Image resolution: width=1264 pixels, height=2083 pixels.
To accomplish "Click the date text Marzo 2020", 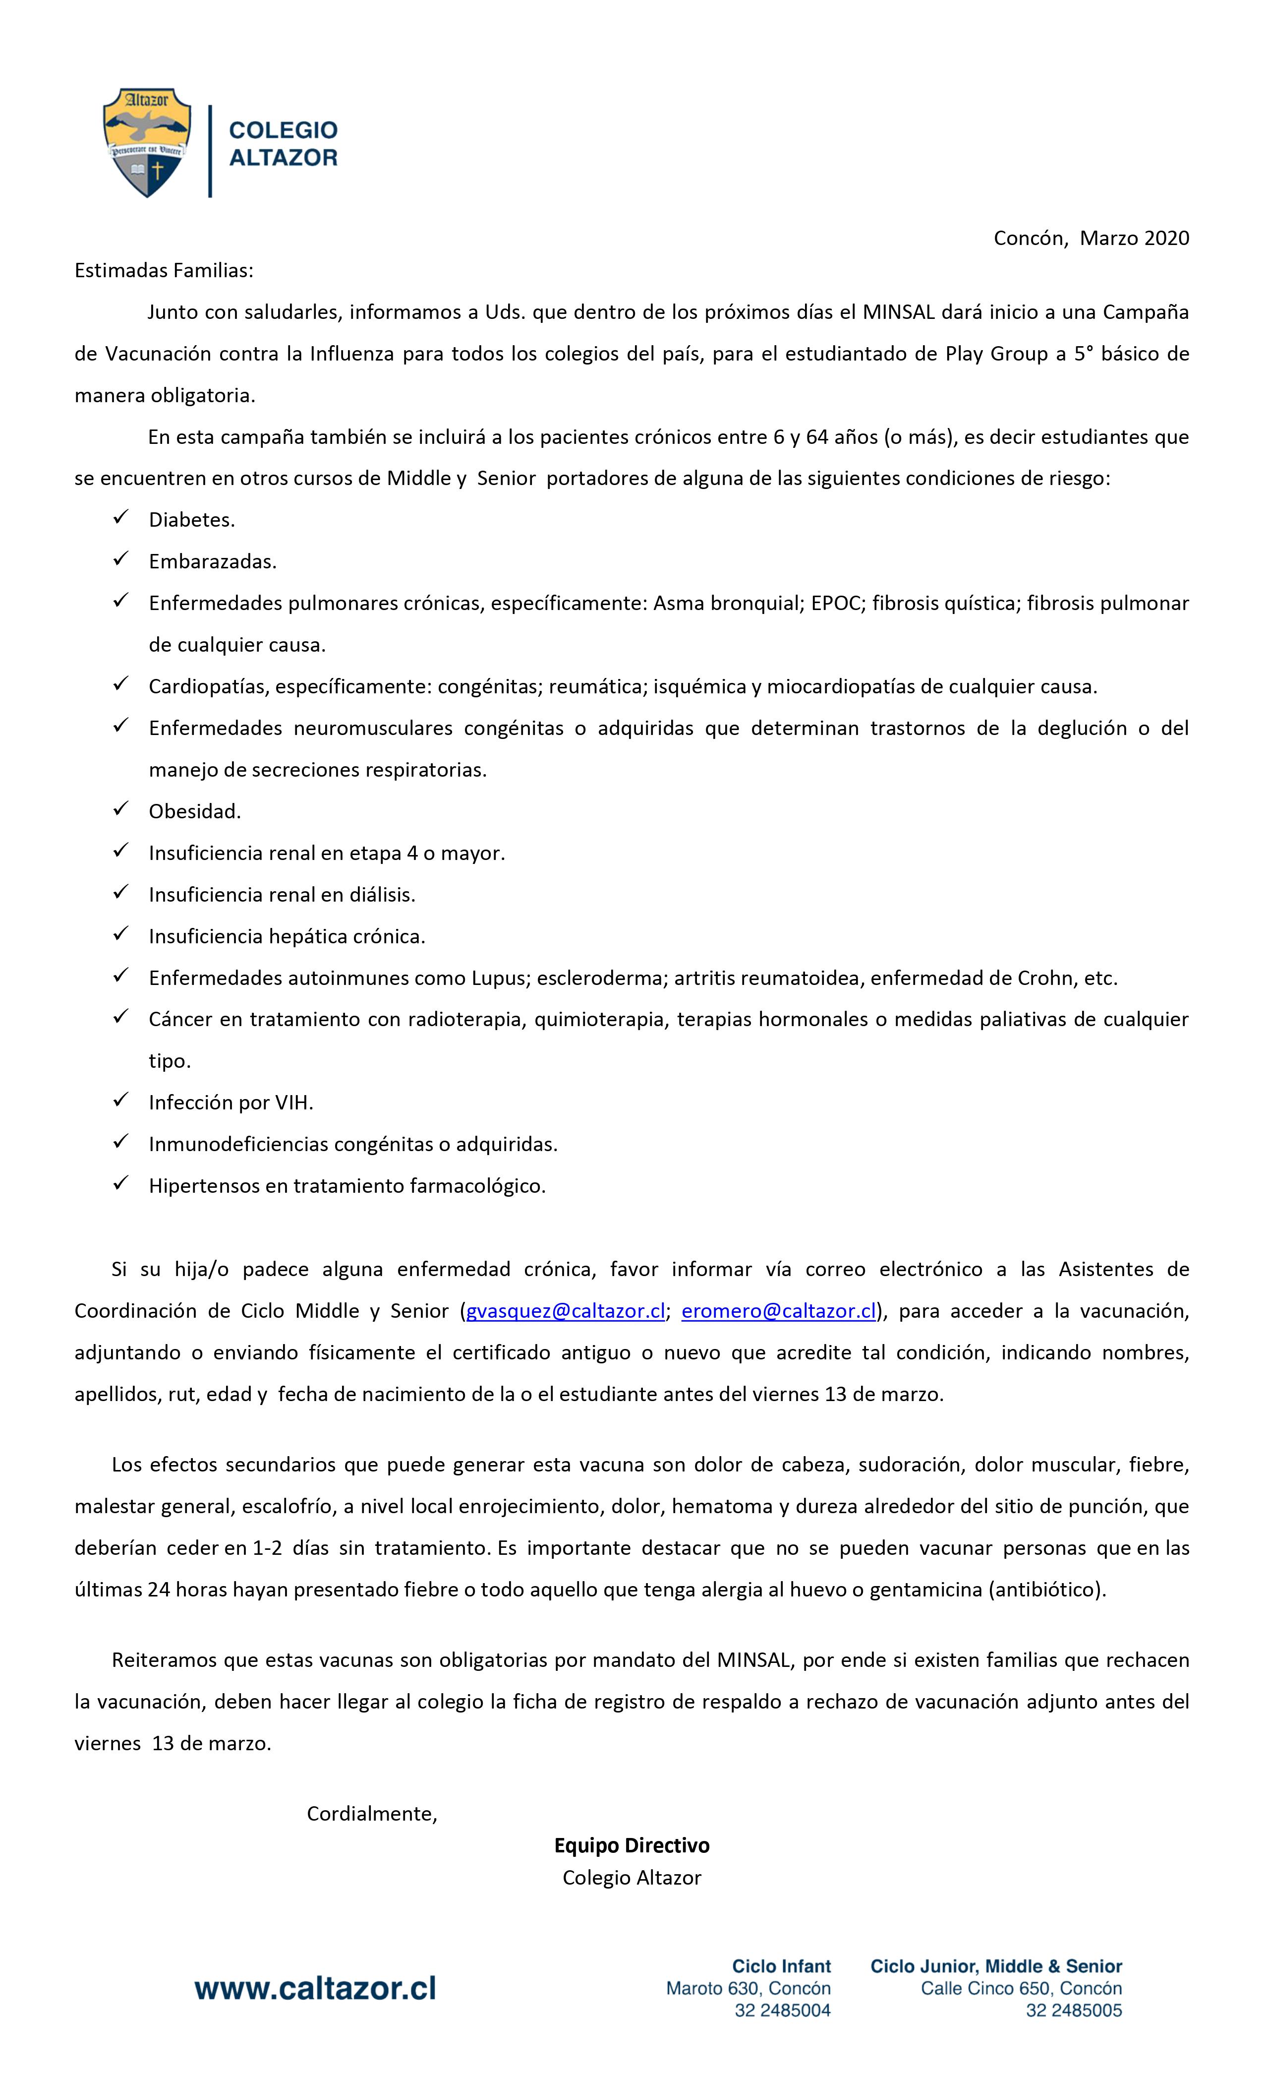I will point(1134,239).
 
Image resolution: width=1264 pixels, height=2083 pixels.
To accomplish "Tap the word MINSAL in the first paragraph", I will point(898,312).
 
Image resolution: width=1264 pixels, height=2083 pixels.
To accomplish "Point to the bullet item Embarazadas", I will point(212,561).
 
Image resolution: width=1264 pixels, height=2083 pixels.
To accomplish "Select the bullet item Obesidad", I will point(194,811).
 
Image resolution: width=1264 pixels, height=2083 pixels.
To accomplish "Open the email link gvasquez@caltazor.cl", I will point(565,1311).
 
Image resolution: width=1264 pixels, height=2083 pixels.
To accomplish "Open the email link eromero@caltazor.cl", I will point(778,1311).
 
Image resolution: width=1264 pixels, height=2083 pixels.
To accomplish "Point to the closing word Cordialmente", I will point(372,1813).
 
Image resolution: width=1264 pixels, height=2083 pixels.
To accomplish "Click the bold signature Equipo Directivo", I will point(631,1845).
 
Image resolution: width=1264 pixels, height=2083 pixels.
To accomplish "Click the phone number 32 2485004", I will point(782,2010).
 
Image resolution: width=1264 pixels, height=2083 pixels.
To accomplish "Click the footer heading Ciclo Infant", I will point(781,1966).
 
